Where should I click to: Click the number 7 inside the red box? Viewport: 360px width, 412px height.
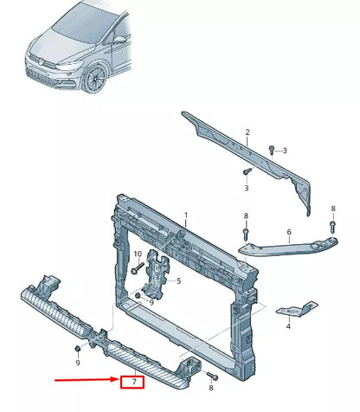point(134,381)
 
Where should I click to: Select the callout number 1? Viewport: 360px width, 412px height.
point(184,216)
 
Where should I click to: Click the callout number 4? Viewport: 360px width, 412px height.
point(288,326)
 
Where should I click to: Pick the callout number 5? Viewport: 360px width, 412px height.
point(177,281)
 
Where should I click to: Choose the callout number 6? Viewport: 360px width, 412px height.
point(289,231)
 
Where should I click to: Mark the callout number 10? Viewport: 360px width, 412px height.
point(137,253)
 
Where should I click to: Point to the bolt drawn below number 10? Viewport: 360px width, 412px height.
point(137,269)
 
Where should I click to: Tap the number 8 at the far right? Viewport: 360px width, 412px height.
point(333,209)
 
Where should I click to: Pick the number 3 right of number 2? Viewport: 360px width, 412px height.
point(285,151)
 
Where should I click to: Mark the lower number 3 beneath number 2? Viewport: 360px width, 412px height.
point(246,188)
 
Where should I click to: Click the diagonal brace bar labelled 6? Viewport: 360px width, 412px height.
point(286,248)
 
